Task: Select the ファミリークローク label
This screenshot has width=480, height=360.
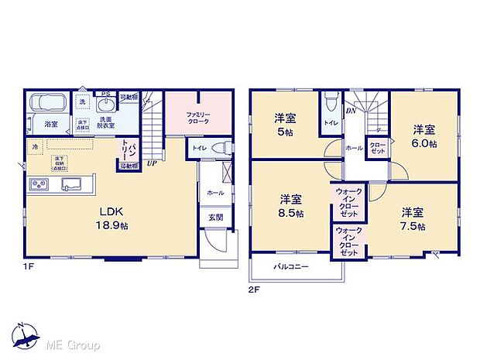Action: pos(199,117)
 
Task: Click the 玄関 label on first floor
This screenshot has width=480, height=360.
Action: pos(215,218)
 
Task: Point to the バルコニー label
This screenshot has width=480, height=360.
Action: pos(290,266)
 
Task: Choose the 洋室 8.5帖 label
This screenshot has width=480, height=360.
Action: pos(290,205)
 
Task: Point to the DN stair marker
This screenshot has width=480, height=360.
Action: pos(350,111)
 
